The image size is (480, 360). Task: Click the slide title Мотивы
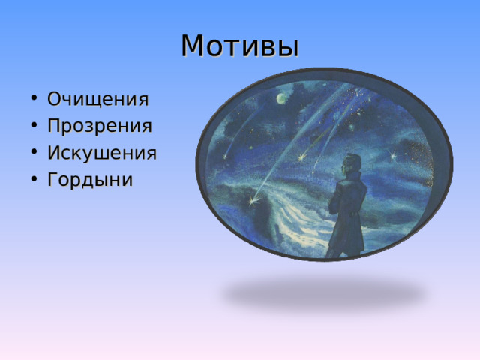(x=240, y=46)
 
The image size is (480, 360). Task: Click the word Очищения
(x=98, y=99)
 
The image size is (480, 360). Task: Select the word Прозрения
(x=100, y=125)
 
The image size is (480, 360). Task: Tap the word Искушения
(x=102, y=153)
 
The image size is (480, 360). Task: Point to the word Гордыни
(x=90, y=179)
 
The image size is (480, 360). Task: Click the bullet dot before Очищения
(x=34, y=98)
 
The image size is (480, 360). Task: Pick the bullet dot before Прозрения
(x=34, y=125)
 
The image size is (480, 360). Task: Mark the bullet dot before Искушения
(x=34, y=152)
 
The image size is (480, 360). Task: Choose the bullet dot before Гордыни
(x=34, y=179)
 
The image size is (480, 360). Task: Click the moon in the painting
(x=282, y=98)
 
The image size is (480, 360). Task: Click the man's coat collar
(x=352, y=177)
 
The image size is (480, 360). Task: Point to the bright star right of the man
(x=392, y=156)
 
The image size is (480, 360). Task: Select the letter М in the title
(x=192, y=46)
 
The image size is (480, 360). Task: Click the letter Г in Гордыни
(x=53, y=179)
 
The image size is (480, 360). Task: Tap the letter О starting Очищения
(x=55, y=98)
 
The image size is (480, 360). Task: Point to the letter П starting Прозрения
(x=54, y=125)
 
